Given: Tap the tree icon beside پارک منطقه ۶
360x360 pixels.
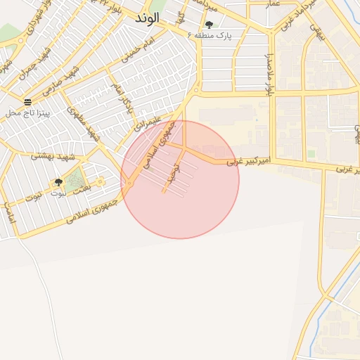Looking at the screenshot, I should [209, 25].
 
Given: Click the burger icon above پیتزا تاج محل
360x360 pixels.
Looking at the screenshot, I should [27, 102].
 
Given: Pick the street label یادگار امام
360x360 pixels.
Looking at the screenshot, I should [123, 98].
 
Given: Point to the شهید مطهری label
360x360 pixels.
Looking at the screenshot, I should [82, 120].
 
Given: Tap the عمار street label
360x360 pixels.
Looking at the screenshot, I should [273, 4].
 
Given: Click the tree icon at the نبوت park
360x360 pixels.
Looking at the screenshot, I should [57, 182].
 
